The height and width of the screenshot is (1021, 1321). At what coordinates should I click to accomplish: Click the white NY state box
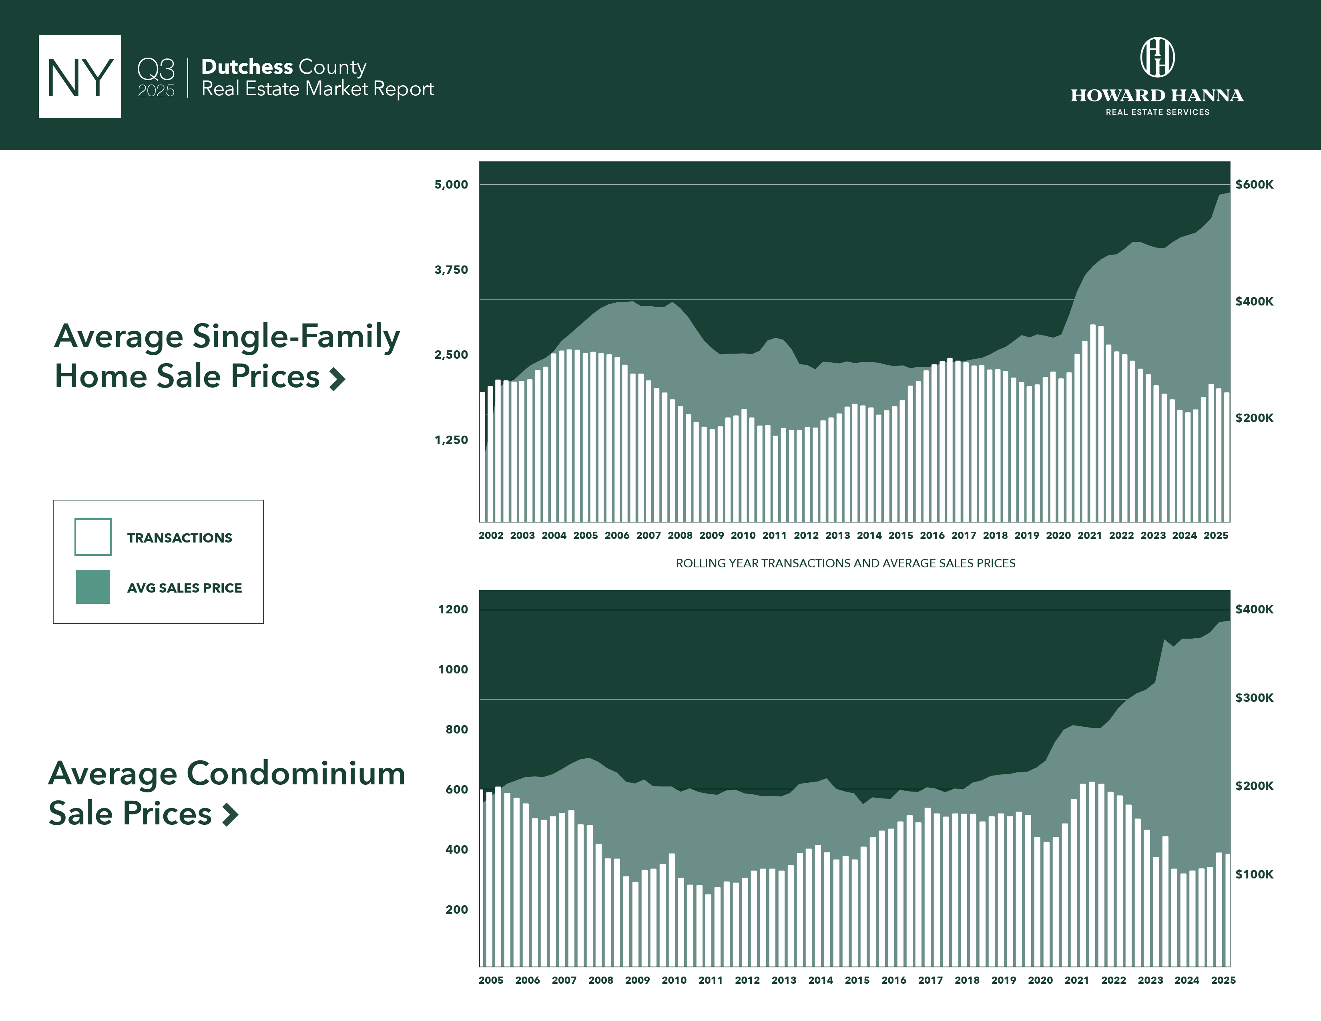(x=80, y=76)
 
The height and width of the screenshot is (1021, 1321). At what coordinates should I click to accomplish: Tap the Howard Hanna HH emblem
(x=1157, y=58)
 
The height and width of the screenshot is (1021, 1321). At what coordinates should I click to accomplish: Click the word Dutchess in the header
(x=247, y=66)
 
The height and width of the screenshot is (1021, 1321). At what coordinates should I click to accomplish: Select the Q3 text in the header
(x=156, y=70)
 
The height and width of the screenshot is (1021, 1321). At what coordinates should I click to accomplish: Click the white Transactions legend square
(x=93, y=537)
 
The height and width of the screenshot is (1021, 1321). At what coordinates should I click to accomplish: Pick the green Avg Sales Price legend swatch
(x=93, y=587)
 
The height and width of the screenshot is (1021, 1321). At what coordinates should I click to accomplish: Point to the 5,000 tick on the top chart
(x=451, y=185)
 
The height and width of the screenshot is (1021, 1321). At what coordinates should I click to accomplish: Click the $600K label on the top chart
(x=1254, y=185)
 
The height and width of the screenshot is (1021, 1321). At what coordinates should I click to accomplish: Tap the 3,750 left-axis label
(x=451, y=270)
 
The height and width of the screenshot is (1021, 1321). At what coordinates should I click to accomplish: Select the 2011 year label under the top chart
(x=774, y=535)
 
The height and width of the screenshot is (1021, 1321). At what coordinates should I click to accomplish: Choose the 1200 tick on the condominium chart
(x=453, y=609)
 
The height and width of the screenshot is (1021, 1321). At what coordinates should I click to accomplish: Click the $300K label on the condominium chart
(x=1254, y=697)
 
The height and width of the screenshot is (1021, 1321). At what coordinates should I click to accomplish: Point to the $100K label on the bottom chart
(x=1254, y=874)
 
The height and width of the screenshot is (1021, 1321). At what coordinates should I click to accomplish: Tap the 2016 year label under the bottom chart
(x=893, y=980)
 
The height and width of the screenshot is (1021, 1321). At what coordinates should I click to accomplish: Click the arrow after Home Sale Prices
(x=337, y=379)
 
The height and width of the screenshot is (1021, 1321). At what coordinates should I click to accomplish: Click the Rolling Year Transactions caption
(x=845, y=563)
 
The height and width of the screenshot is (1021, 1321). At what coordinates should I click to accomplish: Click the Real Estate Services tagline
(x=1157, y=112)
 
